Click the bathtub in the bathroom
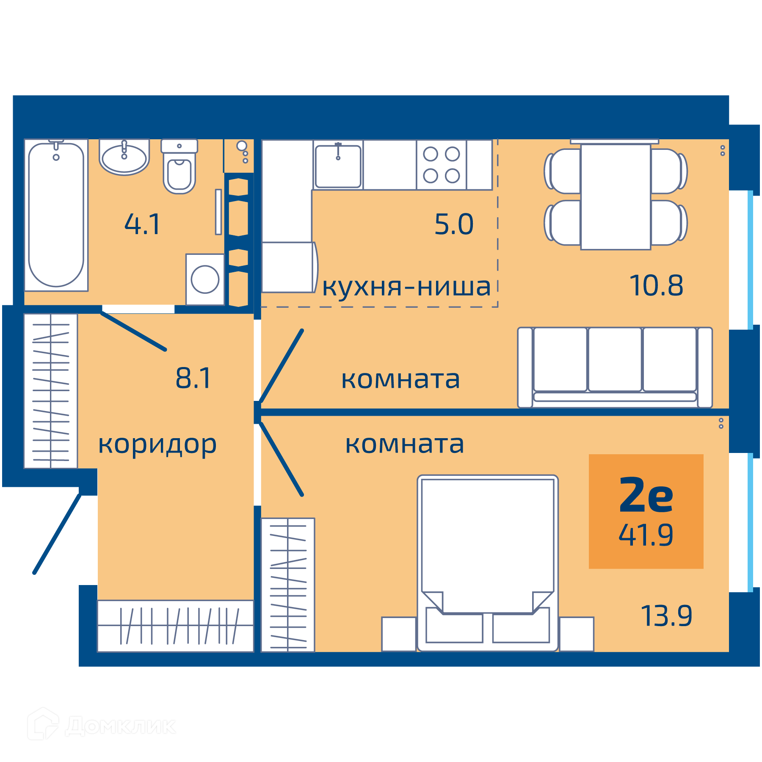pyautogui.click(x=56, y=215)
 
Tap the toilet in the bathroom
pyautogui.click(x=179, y=166)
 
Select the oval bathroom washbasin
pyautogui.click(x=124, y=157)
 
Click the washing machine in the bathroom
pyautogui.click(x=205, y=279)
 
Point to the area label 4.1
pyautogui.click(x=143, y=224)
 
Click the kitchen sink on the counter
pyautogui.click(x=338, y=166)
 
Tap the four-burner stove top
pyautogui.click(x=442, y=165)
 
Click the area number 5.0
pyautogui.click(x=454, y=224)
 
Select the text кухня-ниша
pyautogui.click(x=406, y=287)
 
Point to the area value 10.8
pyautogui.click(x=656, y=285)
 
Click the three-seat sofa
pyautogui.click(x=615, y=367)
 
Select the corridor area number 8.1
pyautogui.click(x=193, y=378)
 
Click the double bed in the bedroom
pyautogui.click(x=488, y=563)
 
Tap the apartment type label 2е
pyautogui.click(x=646, y=495)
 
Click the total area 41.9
pyautogui.click(x=646, y=535)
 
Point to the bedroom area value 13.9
pyautogui.click(x=667, y=616)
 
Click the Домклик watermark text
pyautogui.click(x=121, y=726)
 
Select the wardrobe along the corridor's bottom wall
pyautogui.click(x=176, y=626)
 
